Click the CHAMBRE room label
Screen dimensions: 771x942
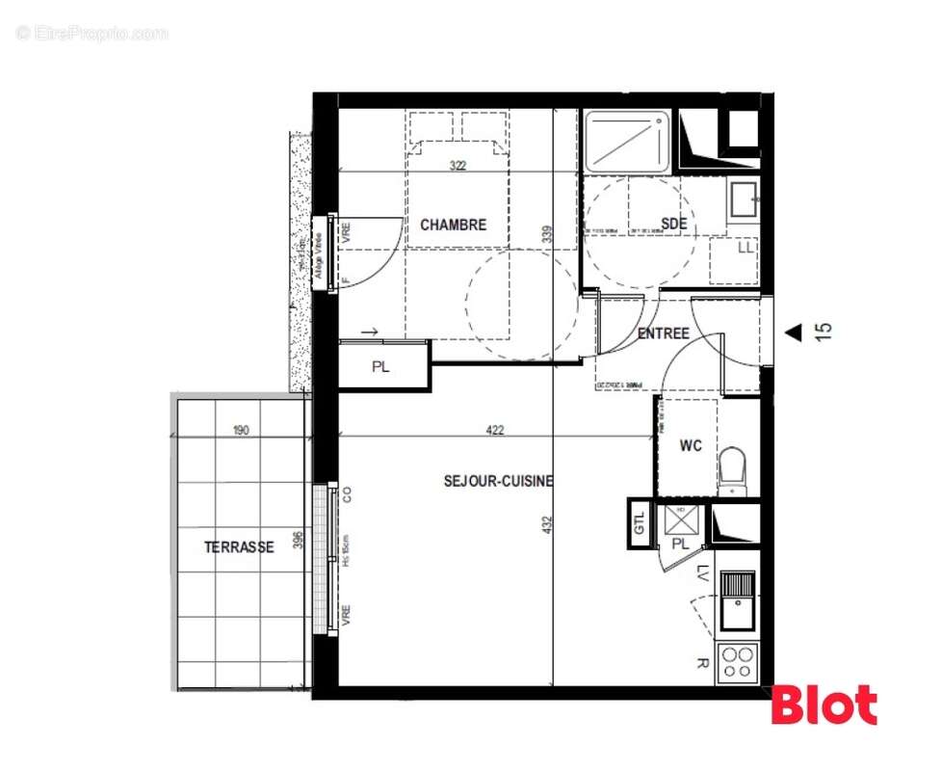[x=453, y=226]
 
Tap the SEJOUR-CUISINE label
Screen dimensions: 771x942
[x=498, y=481]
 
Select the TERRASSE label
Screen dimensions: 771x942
[x=239, y=547]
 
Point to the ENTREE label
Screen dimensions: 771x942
[x=663, y=333]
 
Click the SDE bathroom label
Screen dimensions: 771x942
[x=674, y=225]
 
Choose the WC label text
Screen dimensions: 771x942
[x=691, y=446]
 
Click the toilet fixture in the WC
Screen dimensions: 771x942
[x=734, y=469]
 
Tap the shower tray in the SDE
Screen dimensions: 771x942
[x=628, y=142]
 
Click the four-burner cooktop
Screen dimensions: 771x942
[x=739, y=663]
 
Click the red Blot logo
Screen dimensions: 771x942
[x=824, y=705]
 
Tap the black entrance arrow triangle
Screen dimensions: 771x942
[x=793, y=332]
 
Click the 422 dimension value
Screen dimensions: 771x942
[x=494, y=431]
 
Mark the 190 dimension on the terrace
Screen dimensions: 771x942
[x=241, y=431]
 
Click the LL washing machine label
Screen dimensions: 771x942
[x=745, y=249]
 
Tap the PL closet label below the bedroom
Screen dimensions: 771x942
[x=380, y=367]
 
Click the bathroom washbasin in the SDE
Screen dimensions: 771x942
[x=744, y=200]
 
